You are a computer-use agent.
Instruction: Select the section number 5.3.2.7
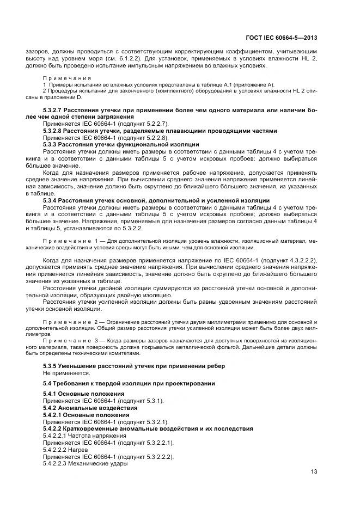coord(55,110)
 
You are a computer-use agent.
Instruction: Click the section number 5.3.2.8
coord(55,131)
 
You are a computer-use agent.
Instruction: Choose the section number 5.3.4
coord(52,200)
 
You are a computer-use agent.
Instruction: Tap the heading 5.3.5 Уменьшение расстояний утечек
coord(133,366)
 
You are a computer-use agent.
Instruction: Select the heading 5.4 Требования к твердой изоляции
coord(129,384)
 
